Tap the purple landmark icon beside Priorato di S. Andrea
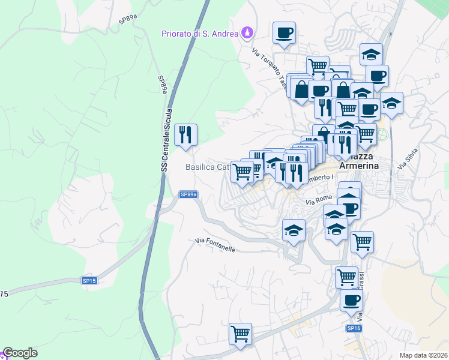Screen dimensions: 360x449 click(x=246, y=32)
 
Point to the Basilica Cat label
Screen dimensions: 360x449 click(x=207, y=167)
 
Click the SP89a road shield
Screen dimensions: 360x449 click(x=188, y=194)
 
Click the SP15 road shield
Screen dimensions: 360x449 click(x=89, y=280)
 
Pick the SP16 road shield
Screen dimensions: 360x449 click(x=354, y=328)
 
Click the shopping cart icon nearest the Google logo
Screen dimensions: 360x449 click(x=240, y=333)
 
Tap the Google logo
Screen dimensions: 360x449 click(x=20, y=353)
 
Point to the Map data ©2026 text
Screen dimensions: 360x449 click(x=423, y=355)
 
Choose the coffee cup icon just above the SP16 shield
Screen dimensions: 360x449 click(x=351, y=300)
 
